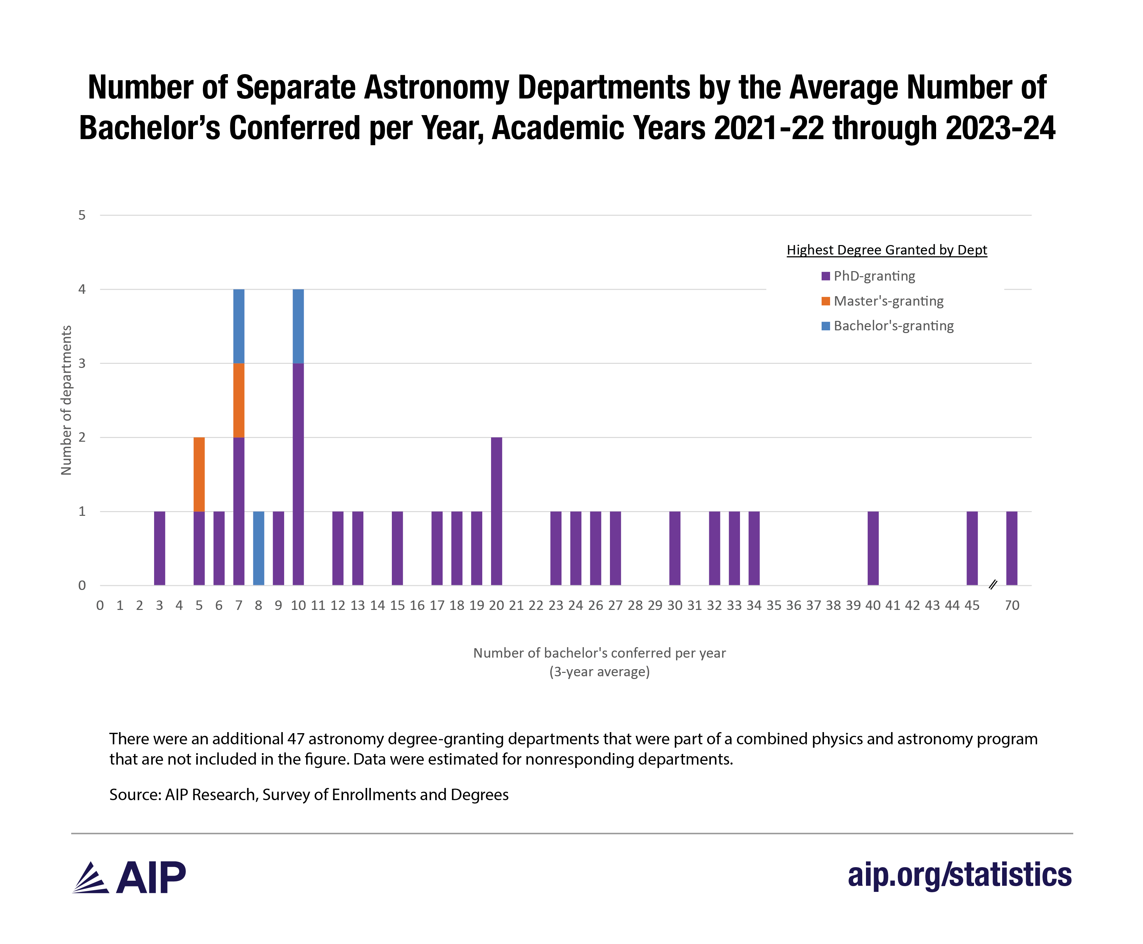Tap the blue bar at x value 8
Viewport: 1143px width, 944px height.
click(x=258, y=548)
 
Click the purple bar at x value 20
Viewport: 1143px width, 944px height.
click(x=496, y=511)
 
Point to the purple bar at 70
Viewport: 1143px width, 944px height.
click(x=1011, y=548)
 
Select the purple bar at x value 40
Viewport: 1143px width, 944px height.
click(x=873, y=548)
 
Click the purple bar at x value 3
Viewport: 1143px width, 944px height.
click(x=160, y=548)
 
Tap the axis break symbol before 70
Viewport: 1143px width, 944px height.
click(x=992, y=585)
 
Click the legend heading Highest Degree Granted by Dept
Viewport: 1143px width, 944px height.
click(x=886, y=250)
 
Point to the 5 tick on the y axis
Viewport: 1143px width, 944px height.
click(x=82, y=215)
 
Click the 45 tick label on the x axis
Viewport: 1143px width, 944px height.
click(x=972, y=605)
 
